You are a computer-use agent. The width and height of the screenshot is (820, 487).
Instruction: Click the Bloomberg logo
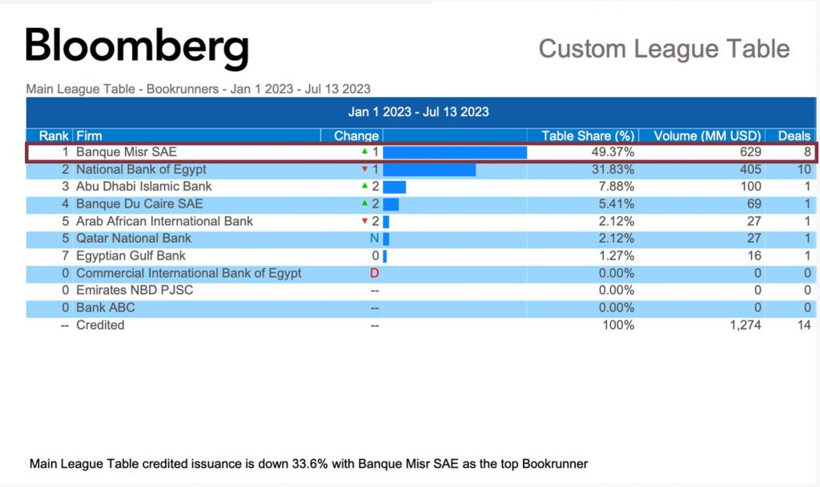click(x=137, y=47)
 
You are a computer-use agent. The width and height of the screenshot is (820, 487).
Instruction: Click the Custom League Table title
click(x=664, y=48)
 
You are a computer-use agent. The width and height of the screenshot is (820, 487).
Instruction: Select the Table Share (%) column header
click(x=588, y=135)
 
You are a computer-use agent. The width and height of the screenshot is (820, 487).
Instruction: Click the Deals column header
click(x=794, y=135)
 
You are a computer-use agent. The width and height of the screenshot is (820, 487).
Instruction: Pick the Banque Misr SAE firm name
click(x=127, y=151)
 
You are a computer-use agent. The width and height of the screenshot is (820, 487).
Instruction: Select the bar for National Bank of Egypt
click(x=429, y=170)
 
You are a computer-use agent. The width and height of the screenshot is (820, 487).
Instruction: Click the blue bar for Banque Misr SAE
click(x=455, y=152)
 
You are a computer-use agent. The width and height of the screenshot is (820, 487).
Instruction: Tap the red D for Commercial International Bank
click(x=374, y=273)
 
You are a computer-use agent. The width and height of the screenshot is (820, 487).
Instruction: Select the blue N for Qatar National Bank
click(x=374, y=239)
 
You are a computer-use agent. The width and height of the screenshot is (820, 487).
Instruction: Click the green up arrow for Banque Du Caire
click(x=365, y=203)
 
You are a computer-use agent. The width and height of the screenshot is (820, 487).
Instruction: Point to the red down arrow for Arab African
click(x=365, y=221)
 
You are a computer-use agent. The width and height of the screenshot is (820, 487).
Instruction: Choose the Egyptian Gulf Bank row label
click(x=131, y=256)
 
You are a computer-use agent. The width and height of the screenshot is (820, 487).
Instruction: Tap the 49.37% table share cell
click(x=614, y=151)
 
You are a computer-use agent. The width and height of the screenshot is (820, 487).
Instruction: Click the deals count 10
click(x=804, y=169)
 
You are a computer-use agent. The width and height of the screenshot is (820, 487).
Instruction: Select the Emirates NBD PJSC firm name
click(x=135, y=290)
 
